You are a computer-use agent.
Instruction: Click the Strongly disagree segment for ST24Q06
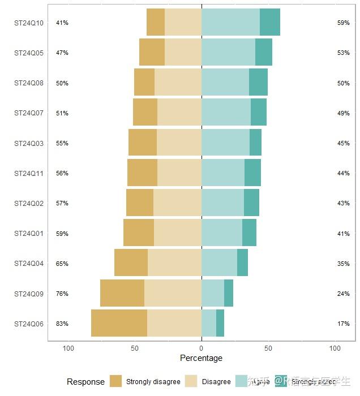click(119, 324)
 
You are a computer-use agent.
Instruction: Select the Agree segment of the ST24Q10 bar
click(230, 23)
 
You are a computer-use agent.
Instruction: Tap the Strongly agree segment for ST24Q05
click(264, 53)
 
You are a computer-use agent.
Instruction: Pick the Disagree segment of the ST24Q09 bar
click(173, 294)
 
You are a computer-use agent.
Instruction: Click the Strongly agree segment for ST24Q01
click(249, 233)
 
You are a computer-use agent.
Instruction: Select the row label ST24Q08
click(29, 83)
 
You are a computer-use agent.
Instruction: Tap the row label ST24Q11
click(29, 173)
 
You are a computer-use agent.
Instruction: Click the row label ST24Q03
click(29, 143)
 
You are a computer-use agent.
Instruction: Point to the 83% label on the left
click(62, 324)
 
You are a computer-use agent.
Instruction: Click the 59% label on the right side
click(343, 23)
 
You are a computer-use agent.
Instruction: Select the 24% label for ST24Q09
click(343, 294)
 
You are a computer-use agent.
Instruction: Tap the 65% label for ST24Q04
click(62, 264)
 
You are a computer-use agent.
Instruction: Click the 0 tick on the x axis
click(202, 348)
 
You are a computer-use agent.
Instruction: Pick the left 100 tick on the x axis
click(68, 348)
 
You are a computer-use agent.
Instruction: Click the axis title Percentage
click(201, 358)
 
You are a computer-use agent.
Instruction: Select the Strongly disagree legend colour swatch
click(116, 381)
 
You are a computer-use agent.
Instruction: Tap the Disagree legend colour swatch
click(191, 381)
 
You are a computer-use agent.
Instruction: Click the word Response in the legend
click(85, 382)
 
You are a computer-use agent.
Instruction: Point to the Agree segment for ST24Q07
click(226, 113)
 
